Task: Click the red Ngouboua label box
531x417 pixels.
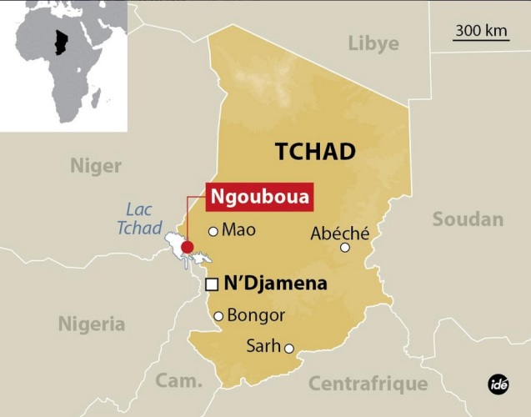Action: [249, 198]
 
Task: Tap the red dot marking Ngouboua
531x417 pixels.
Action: [187, 247]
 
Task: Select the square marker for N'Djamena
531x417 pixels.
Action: [212, 284]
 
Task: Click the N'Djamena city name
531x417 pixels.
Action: [276, 284]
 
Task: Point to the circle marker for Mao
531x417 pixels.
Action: [213, 231]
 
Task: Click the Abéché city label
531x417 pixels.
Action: [339, 233]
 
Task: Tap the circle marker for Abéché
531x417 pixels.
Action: [345, 247]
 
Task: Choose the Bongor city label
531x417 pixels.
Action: [256, 315]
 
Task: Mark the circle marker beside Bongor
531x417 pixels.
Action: [218, 316]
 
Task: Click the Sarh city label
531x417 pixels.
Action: [263, 346]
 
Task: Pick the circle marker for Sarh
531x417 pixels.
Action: [289, 349]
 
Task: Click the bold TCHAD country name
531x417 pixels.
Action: [315, 151]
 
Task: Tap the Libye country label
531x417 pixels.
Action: [373, 43]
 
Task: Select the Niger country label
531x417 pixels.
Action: [95, 166]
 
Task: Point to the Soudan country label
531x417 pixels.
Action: [468, 219]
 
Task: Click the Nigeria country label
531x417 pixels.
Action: [91, 324]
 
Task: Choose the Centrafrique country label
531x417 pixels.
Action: [368, 384]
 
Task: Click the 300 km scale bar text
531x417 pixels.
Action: [482, 31]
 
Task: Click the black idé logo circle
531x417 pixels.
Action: [498, 384]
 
